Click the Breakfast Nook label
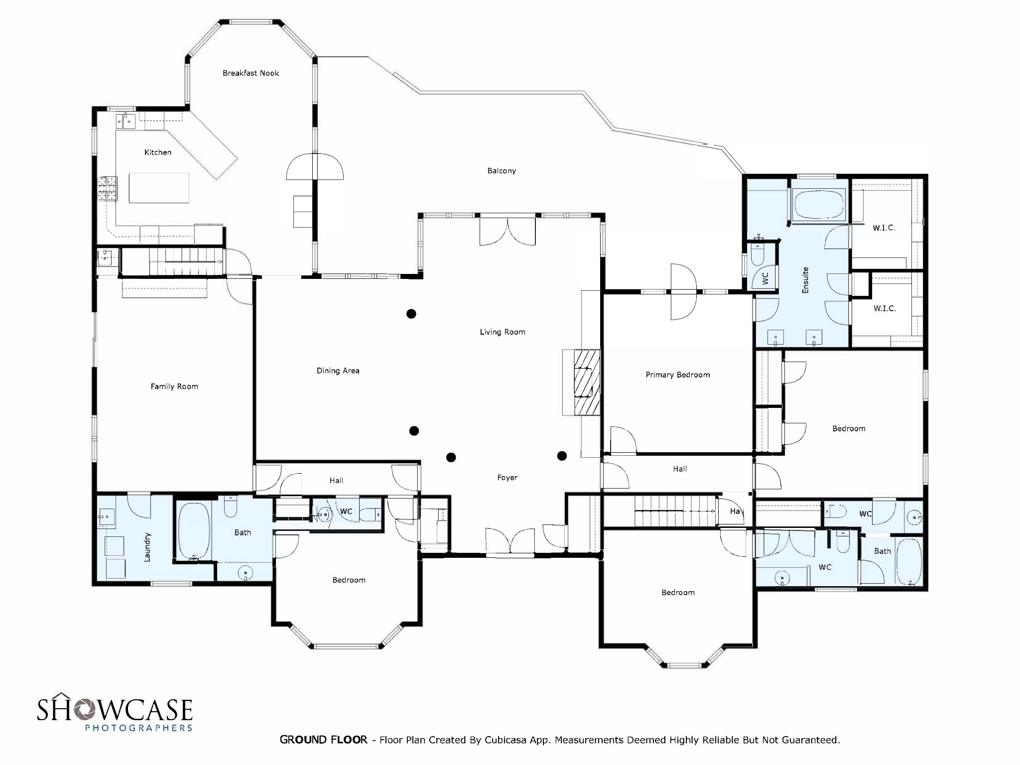tap(251, 73)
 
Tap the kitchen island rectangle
tap(159, 188)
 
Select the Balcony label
tap(501, 171)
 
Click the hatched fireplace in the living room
tap(587, 382)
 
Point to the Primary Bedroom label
tap(677, 375)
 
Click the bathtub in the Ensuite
tap(818, 205)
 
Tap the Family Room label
tap(174, 386)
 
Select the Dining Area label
tap(338, 371)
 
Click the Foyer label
tap(507, 478)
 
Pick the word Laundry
tap(147, 547)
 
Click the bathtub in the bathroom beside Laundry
tap(193, 531)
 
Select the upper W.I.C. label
tap(884, 228)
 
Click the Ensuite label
tap(805, 280)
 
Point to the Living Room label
tap(502, 332)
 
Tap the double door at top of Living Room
tap(507, 231)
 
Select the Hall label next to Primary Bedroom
tap(679, 469)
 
